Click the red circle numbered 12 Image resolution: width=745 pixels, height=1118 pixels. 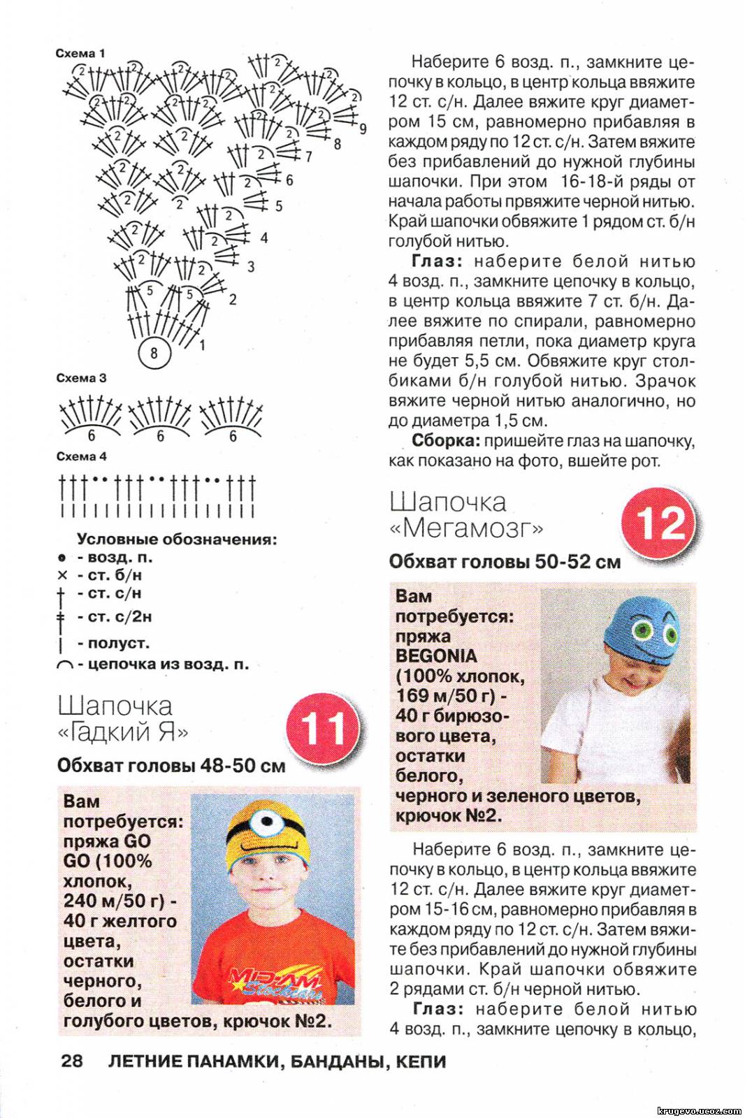[x=659, y=523]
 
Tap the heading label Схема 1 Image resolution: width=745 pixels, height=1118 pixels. [x=80, y=53]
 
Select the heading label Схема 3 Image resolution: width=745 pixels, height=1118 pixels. [x=81, y=378]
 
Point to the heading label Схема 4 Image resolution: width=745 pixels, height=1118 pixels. [x=81, y=456]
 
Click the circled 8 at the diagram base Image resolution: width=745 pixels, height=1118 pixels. [x=154, y=352]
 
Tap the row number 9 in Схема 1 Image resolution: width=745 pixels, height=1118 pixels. [x=363, y=129]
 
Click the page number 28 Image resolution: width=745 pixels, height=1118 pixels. [x=72, y=1061]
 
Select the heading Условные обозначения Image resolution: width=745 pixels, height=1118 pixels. [x=177, y=539]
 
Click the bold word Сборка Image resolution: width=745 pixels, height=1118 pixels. [x=445, y=441]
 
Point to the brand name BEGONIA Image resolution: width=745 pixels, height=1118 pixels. [x=436, y=656]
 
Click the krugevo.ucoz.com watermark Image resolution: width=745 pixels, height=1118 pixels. [x=699, y=1110]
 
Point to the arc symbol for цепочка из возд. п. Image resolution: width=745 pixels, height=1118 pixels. [x=65, y=666]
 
